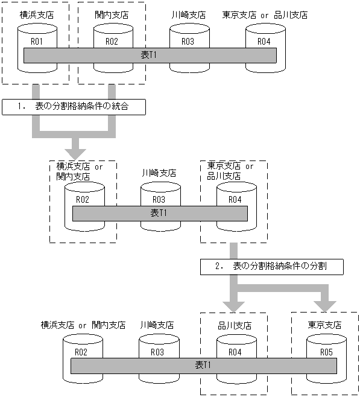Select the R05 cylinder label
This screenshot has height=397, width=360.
pyautogui.click(x=326, y=352)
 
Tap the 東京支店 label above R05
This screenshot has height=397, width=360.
pyautogui.click(x=326, y=325)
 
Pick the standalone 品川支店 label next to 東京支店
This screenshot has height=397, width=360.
pyautogui.click(x=235, y=325)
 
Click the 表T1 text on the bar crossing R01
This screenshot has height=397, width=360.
pyautogui.click(x=149, y=55)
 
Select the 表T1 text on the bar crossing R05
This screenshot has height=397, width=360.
pyautogui.click(x=203, y=366)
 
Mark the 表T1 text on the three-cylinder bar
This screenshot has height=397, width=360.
pyautogui.click(x=159, y=213)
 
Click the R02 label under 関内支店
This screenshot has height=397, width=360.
pyautogui.click(x=111, y=42)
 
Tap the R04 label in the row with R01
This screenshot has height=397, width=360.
pyautogui.click(x=264, y=42)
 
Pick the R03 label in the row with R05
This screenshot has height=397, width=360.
pyautogui.click(x=157, y=352)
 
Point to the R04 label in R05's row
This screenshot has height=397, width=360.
pyautogui.click(x=235, y=352)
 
